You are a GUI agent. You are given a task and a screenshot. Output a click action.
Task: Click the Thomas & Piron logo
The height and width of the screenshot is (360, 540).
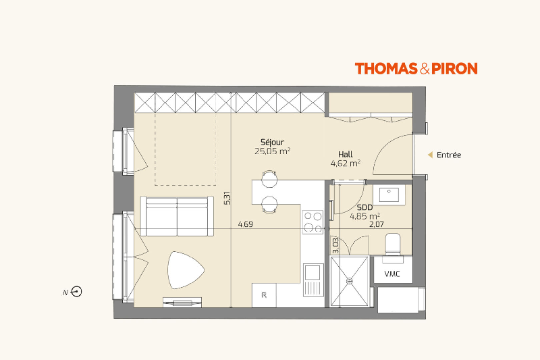click(416, 68)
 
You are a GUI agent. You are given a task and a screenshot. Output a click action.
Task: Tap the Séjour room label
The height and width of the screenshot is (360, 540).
click(272, 142)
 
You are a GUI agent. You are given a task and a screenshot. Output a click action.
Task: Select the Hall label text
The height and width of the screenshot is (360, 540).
click(346, 155)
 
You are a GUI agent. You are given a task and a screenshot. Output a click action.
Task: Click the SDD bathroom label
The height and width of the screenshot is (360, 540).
click(364, 207)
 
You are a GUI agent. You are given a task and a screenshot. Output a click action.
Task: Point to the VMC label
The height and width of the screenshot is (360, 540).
click(392, 274)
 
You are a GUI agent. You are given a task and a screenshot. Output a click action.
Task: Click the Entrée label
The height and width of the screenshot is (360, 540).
click(449, 155)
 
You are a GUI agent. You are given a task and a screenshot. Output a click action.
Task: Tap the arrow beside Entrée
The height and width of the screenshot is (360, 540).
click(430, 155)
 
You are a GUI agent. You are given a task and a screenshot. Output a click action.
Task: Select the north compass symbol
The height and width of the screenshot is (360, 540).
click(76, 292)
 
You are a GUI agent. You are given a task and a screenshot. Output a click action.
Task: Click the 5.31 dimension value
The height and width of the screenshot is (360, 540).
click(227, 198)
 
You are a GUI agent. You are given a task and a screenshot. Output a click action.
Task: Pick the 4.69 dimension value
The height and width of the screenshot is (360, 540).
click(246, 224)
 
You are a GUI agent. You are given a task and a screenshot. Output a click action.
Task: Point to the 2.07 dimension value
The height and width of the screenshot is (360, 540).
click(377, 224)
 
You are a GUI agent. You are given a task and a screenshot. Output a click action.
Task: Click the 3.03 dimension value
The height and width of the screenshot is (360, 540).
click(335, 245)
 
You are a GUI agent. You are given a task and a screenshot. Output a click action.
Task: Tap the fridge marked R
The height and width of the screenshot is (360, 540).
click(264, 295)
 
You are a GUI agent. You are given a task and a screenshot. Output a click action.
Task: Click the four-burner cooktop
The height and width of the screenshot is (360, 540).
click(313, 222)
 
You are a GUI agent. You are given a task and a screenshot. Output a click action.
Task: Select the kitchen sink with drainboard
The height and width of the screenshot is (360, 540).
click(313, 280)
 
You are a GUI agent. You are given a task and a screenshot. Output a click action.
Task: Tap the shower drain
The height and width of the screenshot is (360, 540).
click(350, 281)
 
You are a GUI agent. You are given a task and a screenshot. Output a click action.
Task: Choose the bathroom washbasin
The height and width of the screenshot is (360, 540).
click(389, 195)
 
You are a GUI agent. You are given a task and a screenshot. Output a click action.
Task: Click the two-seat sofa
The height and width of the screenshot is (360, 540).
click(177, 216)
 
